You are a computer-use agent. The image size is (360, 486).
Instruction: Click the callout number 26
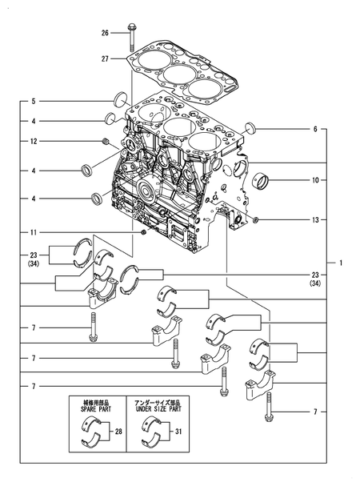point(105,33)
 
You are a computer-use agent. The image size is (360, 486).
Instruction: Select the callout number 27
point(105,58)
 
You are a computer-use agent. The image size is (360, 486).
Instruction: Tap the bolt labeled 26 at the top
point(130,38)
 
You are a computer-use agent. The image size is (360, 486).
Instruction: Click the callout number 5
point(34,102)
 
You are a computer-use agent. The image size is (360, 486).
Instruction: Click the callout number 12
point(34,142)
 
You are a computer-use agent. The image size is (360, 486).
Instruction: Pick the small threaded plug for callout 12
point(106,142)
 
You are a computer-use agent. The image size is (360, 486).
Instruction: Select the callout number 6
point(315,129)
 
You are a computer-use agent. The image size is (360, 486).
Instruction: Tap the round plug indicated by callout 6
point(250,128)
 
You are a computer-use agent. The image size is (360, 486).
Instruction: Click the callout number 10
point(315,180)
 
